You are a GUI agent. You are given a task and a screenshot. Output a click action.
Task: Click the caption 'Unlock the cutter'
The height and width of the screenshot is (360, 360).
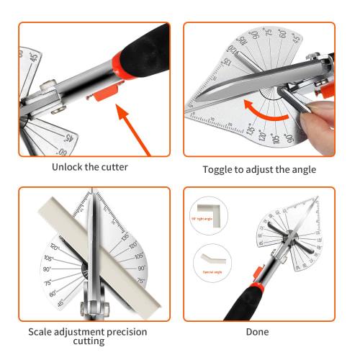89,167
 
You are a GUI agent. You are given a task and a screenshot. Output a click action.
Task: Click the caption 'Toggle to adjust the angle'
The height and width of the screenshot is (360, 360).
259,170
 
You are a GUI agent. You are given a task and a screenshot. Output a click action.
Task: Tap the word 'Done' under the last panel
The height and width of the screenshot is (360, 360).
257,332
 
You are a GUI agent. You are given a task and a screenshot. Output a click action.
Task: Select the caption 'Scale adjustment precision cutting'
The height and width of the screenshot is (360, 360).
87,336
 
